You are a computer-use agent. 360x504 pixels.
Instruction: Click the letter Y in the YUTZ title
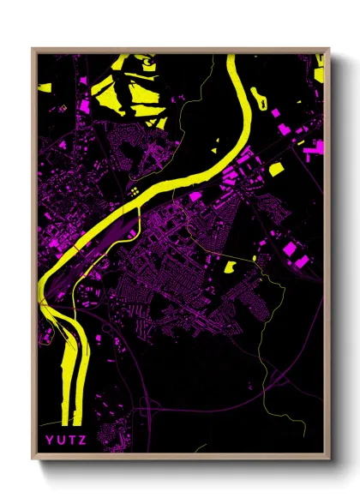[x=49, y=441]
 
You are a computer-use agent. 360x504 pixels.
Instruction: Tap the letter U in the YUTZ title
[x=59, y=441]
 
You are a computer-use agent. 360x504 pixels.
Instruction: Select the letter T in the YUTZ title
[x=69, y=441]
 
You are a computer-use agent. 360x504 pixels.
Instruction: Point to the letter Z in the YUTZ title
[x=80, y=441]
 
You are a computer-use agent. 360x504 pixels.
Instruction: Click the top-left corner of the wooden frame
[x=33, y=49]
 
